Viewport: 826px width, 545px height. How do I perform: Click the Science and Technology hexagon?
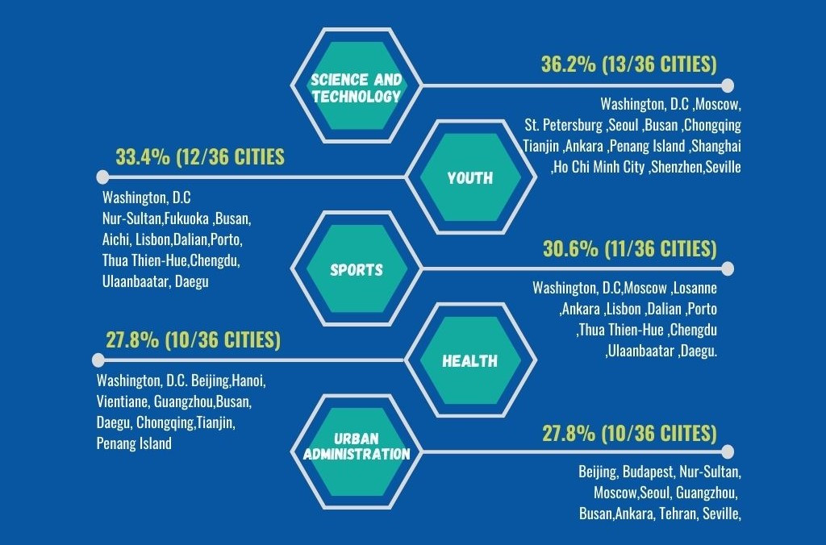click(356, 86)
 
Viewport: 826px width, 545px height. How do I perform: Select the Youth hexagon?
click(469, 177)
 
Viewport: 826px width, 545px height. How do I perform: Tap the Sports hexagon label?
click(356, 269)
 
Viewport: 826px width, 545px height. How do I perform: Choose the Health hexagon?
click(469, 360)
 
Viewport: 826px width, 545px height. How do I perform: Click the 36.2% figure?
click(569, 65)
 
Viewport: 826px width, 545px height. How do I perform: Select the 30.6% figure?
click(569, 248)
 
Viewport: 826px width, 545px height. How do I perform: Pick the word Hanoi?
click(249, 381)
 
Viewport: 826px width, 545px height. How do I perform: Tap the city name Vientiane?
click(122, 401)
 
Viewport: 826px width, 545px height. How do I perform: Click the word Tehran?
click(678, 513)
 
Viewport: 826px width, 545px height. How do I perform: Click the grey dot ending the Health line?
click(99, 360)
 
